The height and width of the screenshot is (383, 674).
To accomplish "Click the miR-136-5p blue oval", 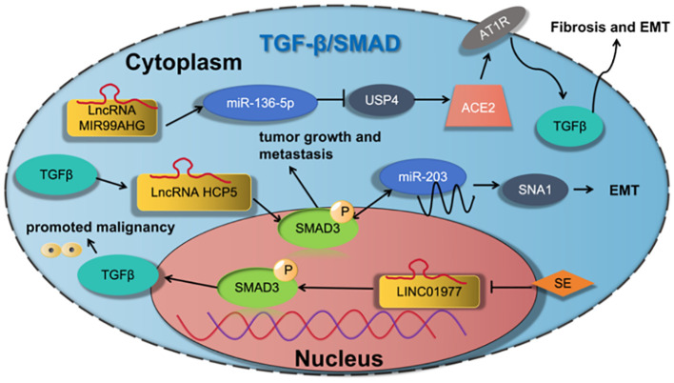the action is [260, 103].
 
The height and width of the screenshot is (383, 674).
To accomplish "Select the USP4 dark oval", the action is [382, 100].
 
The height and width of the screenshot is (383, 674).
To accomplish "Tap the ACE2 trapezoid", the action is [478, 106].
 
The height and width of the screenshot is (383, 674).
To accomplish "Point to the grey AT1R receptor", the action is [494, 30].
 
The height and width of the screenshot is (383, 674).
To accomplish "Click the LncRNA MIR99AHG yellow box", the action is [111, 117].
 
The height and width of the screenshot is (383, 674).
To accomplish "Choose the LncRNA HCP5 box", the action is [194, 191].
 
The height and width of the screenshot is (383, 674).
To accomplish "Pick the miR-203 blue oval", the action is [423, 177].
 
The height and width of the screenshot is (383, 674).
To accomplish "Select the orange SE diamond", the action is [563, 283].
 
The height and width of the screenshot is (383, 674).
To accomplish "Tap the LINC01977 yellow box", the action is [429, 292].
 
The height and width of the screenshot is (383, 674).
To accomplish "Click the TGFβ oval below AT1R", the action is [569, 127].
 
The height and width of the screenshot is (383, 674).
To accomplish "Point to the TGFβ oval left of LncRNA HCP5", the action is [56, 174].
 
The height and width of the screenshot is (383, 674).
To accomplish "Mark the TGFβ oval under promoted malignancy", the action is [118, 274].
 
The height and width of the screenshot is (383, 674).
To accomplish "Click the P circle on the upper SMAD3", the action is [344, 212].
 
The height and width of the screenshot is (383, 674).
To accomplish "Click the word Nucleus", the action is [339, 358].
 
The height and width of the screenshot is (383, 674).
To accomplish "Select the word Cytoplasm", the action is [184, 63].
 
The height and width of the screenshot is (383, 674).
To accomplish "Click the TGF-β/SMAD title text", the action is [330, 44].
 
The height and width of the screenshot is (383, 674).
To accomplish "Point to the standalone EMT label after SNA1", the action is [624, 191].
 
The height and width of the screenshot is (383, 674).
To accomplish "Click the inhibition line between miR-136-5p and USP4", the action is [331, 102].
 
